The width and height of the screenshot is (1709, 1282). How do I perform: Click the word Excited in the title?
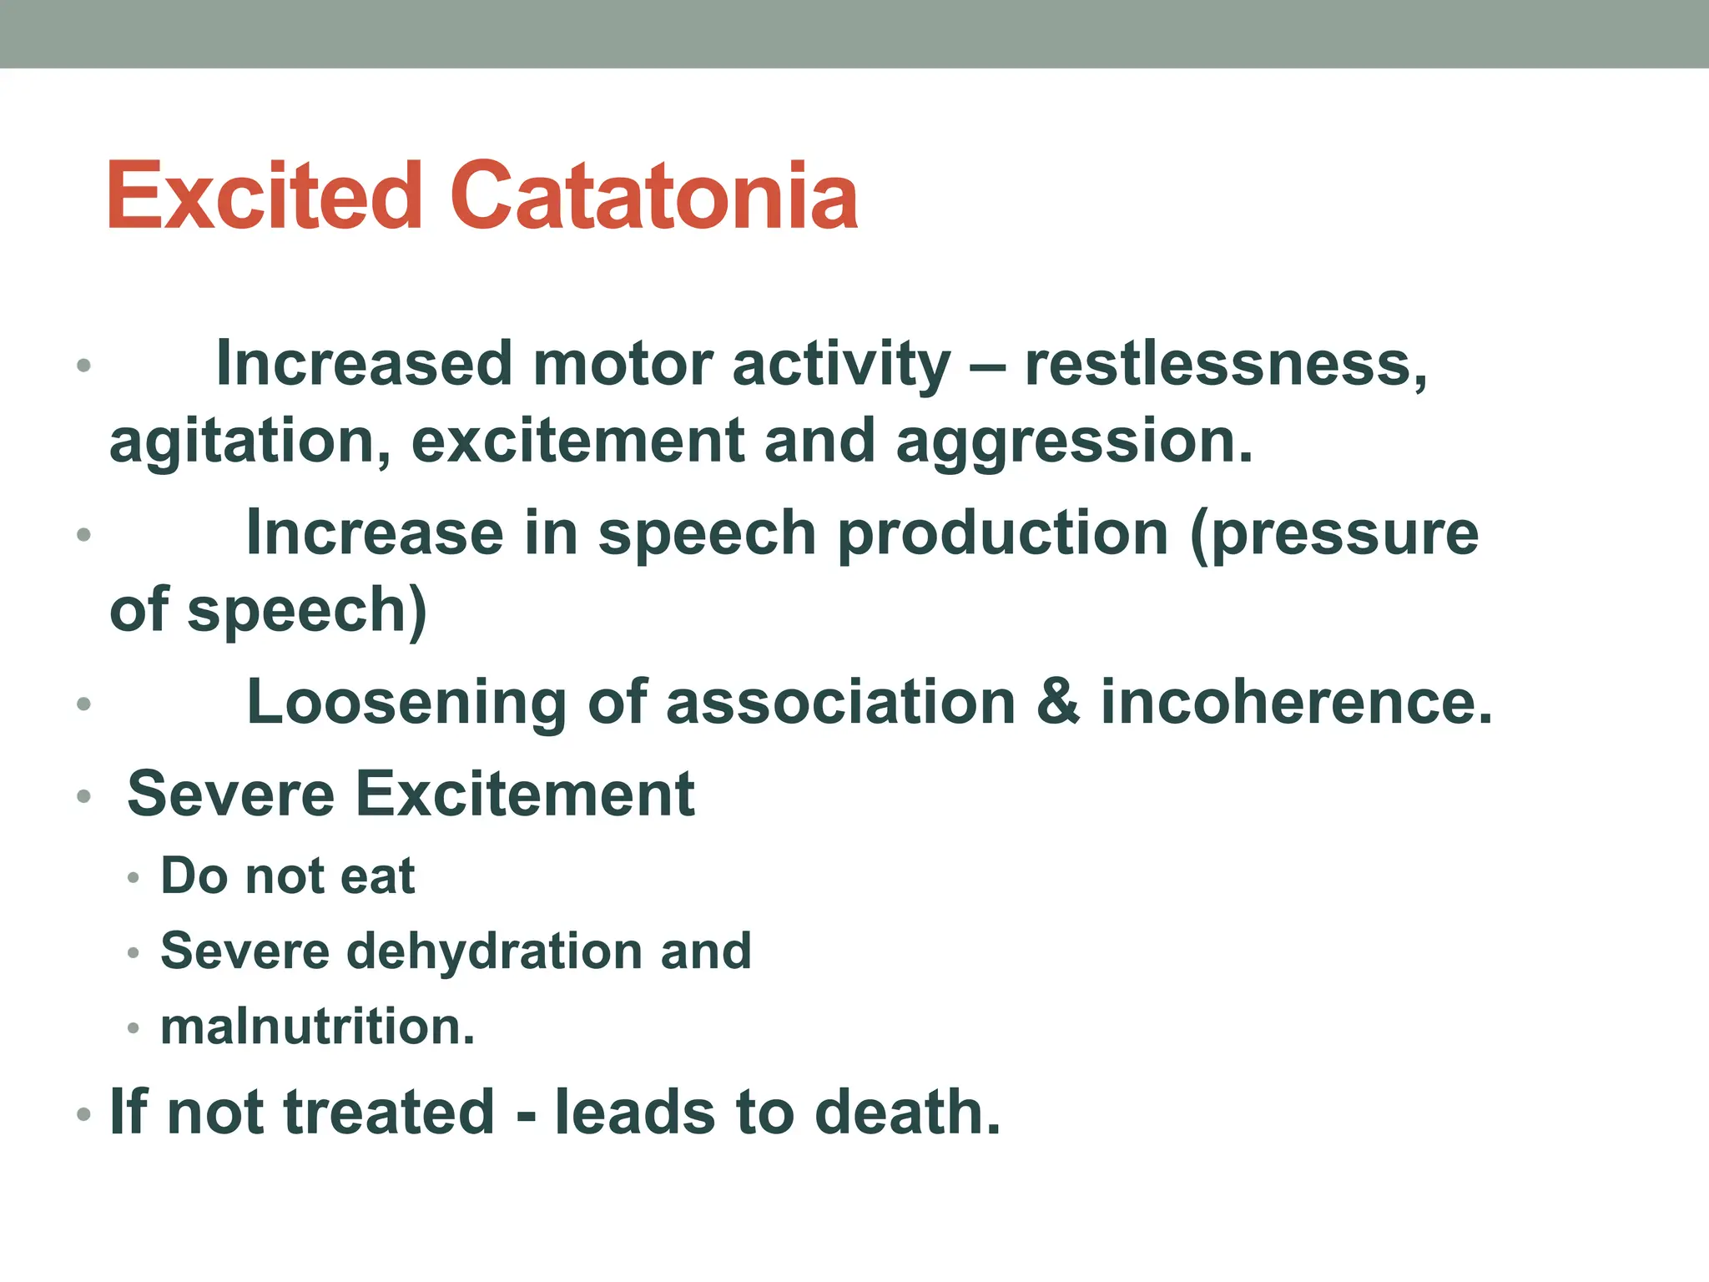pos(265,196)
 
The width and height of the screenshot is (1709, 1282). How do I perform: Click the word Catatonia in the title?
pos(654,196)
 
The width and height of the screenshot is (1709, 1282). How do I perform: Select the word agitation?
pos(250,442)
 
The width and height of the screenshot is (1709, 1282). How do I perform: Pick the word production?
pos(1002,534)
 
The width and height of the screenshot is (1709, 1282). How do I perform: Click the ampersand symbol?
pos(1058,703)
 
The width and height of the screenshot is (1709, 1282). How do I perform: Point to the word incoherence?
pos(1296,703)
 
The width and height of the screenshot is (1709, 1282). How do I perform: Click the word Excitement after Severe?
pos(525,794)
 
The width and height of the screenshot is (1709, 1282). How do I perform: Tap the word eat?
pos(378,876)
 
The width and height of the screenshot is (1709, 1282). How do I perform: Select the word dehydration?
pos(493,951)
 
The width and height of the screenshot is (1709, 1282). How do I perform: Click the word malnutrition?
pos(317,1027)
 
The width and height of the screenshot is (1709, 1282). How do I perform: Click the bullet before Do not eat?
pos(134,878)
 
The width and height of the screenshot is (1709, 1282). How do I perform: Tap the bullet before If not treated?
pos(83,1114)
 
